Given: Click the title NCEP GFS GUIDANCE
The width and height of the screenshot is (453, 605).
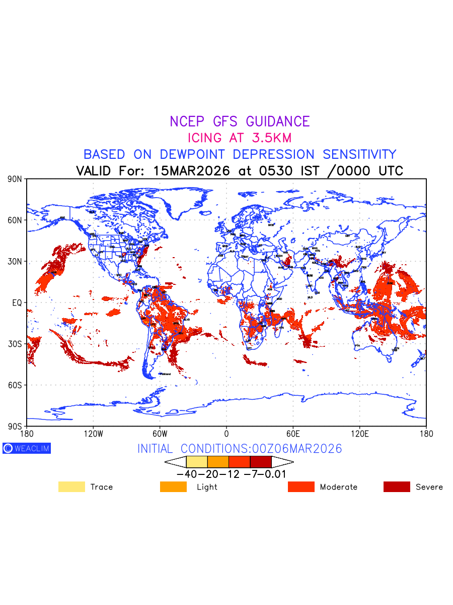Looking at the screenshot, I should tap(240, 122).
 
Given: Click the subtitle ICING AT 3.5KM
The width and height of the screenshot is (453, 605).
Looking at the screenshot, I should tap(240, 138).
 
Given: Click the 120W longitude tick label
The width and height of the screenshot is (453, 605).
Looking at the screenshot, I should tap(93, 434).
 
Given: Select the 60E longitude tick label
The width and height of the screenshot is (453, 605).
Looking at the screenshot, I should tap(293, 434).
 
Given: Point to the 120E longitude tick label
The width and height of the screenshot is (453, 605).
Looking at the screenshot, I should tap(359, 434).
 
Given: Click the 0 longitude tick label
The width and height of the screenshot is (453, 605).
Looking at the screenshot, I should tap(226, 434).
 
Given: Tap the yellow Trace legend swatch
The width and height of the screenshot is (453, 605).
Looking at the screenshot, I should tap(71, 487).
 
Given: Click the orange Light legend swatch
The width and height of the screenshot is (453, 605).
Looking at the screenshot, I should tap(173, 487).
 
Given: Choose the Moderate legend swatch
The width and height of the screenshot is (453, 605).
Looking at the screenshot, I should tap(301, 487).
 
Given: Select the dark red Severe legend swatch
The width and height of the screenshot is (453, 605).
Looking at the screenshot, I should tap(397, 487).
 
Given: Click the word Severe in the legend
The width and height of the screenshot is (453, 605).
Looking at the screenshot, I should tap(429, 487).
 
